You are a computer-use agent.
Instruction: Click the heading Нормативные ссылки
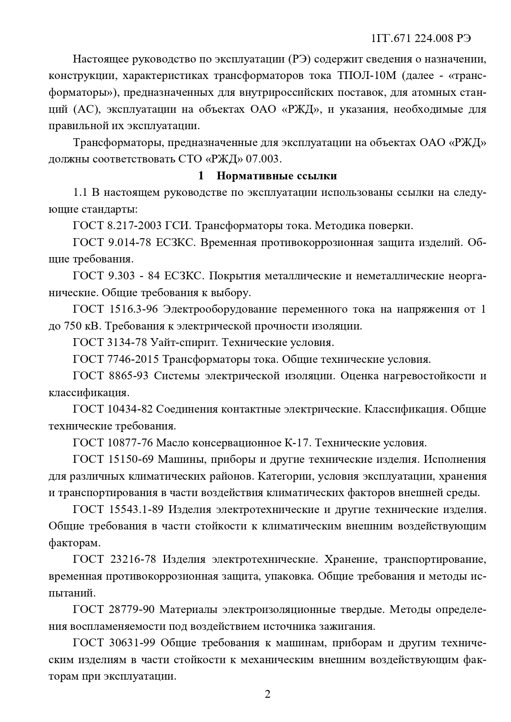pyautogui.click(x=277, y=176)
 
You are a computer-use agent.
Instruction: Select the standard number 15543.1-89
pyautogui.click(x=137, y=510)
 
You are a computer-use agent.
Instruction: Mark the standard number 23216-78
pyautogui.click(x=133, y=559)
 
